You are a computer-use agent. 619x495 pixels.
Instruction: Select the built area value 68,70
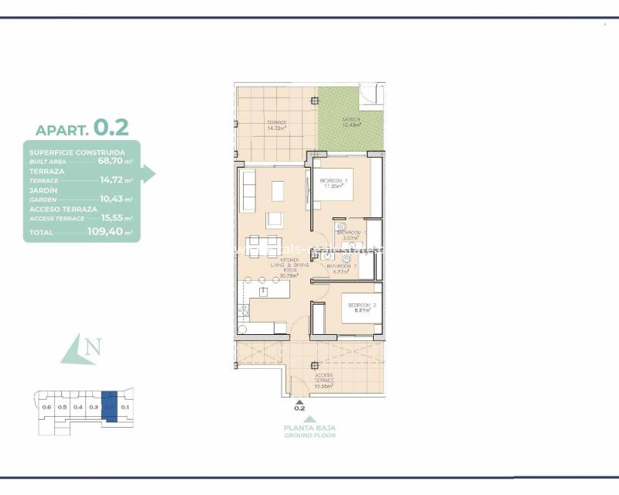(x=109, y=161)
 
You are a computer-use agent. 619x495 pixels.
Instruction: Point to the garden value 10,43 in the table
(x=112, y=198)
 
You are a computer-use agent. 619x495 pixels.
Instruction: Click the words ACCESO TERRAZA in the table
(x=63, y=209)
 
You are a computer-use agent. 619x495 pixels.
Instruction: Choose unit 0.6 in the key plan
(x=46, y=407)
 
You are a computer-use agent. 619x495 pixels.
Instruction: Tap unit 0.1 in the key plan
(x=125, y=407)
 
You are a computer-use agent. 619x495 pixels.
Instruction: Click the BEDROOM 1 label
(x=333, y=183)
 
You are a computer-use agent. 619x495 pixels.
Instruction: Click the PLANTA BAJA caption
(x=309, y=428)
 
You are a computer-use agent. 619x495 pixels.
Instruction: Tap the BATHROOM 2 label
(x=340, y=268)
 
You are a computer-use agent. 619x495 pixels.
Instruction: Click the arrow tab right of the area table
(x=148, y=174)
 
